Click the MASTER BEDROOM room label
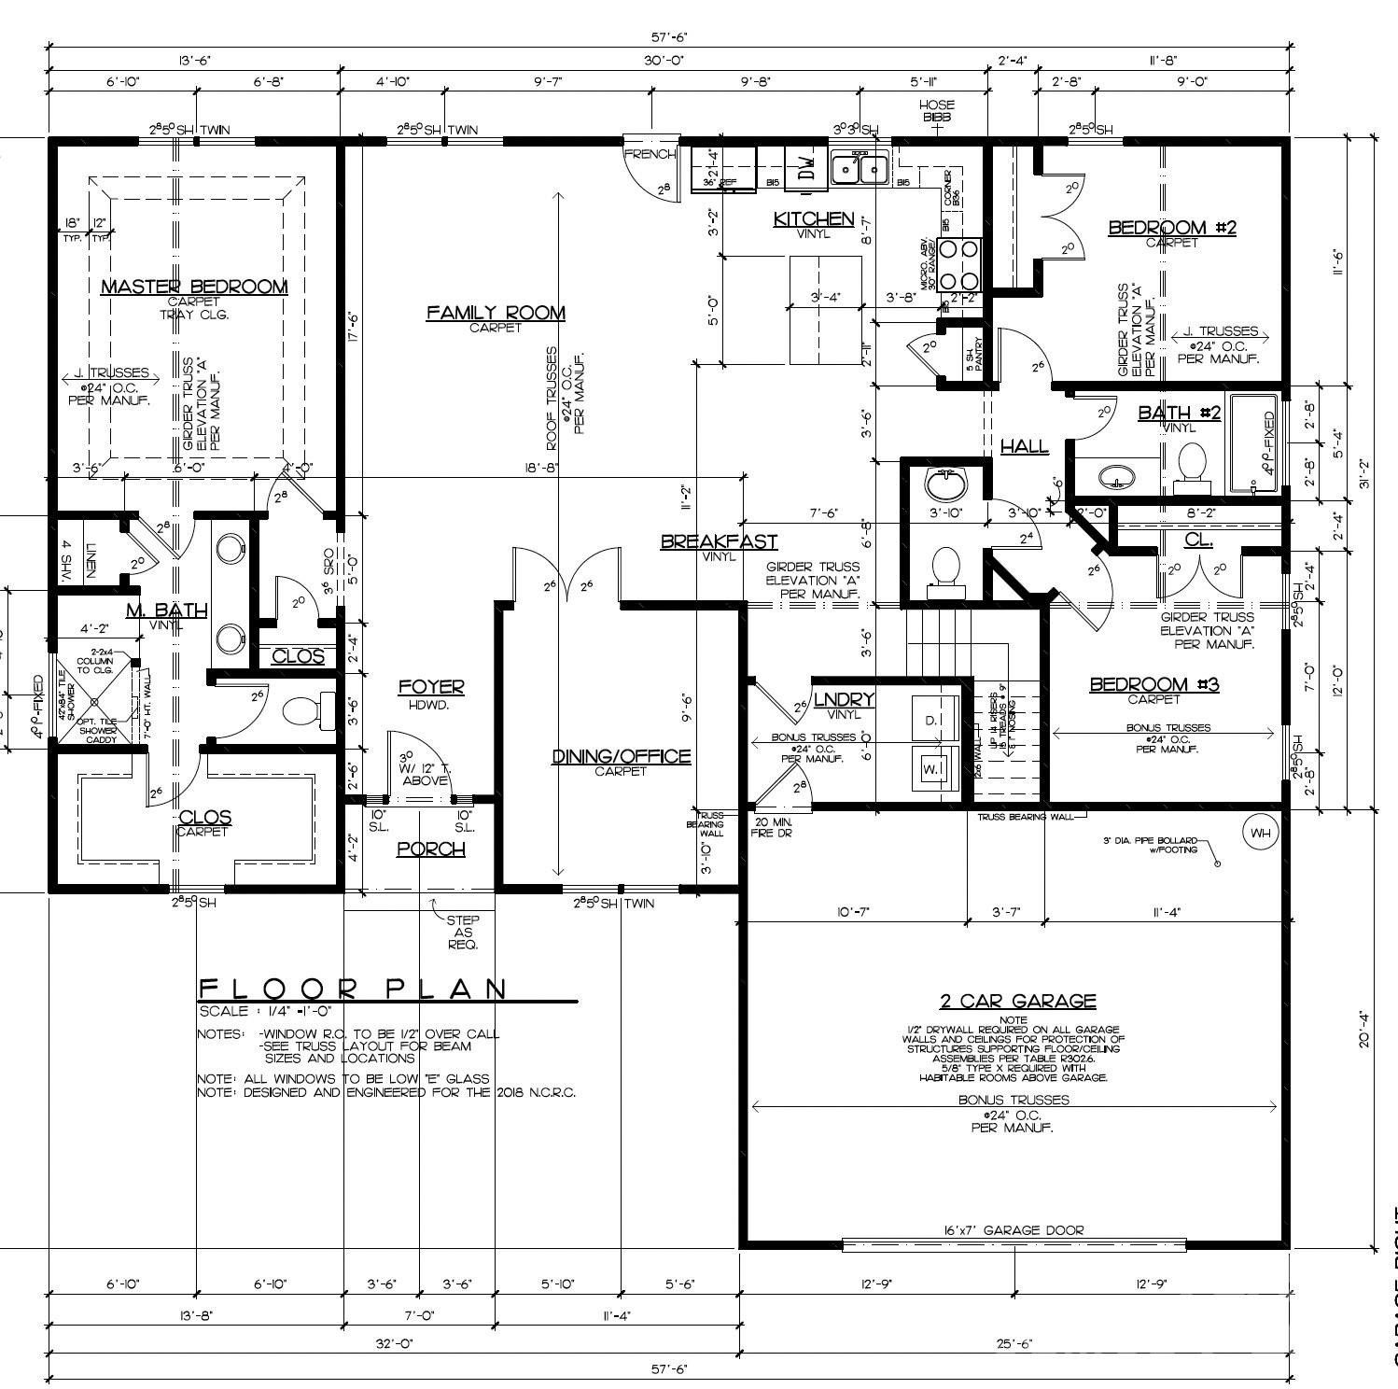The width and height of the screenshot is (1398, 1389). (193, 287)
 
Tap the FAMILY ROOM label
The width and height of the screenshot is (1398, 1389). (496, 313)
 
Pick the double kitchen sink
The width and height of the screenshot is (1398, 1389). (861, 168)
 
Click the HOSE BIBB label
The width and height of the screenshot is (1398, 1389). (937, 110)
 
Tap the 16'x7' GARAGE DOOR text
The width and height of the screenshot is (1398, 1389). (1014, 1230)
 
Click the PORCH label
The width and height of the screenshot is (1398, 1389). (431, 849)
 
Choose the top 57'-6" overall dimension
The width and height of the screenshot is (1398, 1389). (668, 38)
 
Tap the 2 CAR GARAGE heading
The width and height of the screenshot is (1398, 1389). (1017, 1002)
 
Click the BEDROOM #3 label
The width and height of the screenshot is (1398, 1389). (1154, 685)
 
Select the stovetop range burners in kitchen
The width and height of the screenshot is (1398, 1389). (960, 265)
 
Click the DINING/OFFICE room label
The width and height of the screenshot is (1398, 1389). (621, 756)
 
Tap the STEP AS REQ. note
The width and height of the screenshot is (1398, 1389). (463, 932)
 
